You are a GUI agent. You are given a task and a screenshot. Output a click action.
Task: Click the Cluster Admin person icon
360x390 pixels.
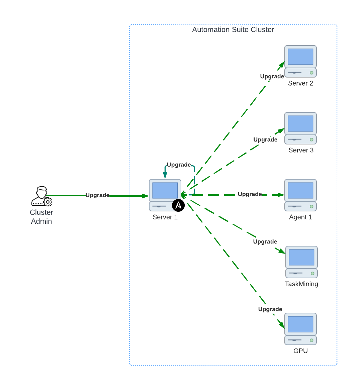pyautogui.click(x=41, y=196)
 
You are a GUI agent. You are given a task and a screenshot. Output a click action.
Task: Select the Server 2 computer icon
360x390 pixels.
pyautogui.click(x=300, y=61)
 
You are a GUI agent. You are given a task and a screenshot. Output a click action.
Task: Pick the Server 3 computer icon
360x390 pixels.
pyautogui.click(x=300, y=128)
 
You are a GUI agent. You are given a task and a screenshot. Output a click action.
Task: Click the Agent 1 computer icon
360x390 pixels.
pyautogui.click(x=300, y=195)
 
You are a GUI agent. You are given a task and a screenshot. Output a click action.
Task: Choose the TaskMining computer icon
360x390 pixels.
pyautogui.click(x=301, y=262)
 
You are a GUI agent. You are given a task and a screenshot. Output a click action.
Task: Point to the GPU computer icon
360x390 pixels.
pyautogui.click(x=300, y=329)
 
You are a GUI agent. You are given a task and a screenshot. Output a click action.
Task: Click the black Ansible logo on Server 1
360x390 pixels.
pyautogui.click(x=178, y=205)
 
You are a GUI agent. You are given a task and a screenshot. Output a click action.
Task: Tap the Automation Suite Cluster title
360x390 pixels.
pyautogui.click(x=233, y=30)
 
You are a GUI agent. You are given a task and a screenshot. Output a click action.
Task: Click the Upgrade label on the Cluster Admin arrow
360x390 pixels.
pyautogui.click(x=97, y=195)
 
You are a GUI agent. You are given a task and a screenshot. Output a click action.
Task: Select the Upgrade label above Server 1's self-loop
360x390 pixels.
pyautogui.click(x=179, y=165)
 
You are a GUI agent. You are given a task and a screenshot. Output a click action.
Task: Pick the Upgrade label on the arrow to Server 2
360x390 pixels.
pyautogui.click(x=272, y=76)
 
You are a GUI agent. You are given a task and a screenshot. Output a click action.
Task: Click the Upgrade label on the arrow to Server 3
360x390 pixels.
pyautogui.click(x=265, y=139)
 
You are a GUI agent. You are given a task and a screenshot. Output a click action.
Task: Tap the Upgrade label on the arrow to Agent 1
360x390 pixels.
pyautogui.click(x=250, y=194)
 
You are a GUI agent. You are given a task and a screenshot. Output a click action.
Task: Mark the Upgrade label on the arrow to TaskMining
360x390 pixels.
pyautogui.click(x=265, y=241)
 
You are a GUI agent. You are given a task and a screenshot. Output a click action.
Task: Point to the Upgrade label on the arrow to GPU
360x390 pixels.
pyautogui.click(x=270, y=309)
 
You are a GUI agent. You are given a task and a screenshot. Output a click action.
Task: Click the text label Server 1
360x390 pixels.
pyautogui.click(x=165, y=217)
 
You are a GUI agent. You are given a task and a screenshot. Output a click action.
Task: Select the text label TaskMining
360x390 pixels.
pyautogui.click(x=301, y=284)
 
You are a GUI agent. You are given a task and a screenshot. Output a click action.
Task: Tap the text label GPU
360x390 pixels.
pyautogui.click(x=300, y=351)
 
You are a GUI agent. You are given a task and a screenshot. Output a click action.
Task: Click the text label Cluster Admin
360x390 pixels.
pyautogui.click(x=41, y=217)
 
